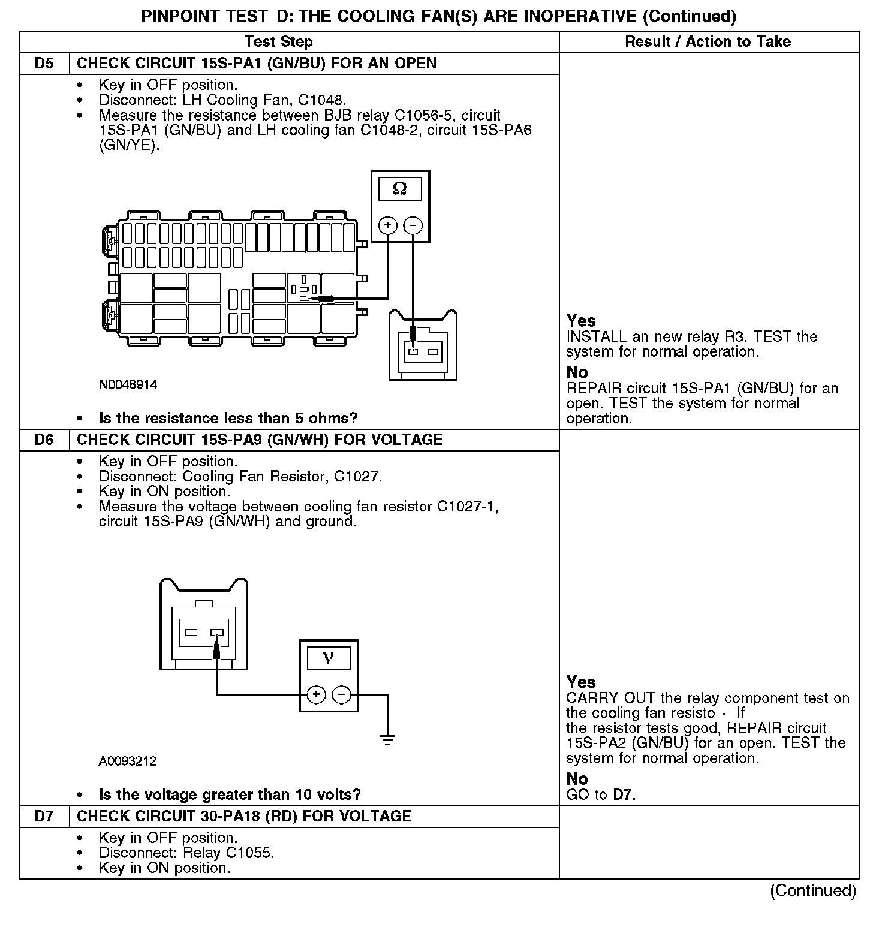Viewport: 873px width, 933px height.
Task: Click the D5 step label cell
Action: pyautogui.click(x=44, y=64)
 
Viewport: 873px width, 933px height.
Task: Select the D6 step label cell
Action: pyautogui.click(x=44, y=440)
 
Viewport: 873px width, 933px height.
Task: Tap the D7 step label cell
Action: pyautogui.click(x=44, y=817)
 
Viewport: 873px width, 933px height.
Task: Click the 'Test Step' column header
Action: pyautogui.click(x=279, y=42)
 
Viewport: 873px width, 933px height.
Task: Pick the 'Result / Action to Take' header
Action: pyautogui.click(x=708, y=42)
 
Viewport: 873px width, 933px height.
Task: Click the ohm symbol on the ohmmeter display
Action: pyautogui.click(x=399, y=189)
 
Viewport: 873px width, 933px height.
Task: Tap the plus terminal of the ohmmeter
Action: pyautogui.click(x=388, y=225)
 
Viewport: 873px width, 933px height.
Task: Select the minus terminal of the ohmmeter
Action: pyautogui.click(x=413, y=225)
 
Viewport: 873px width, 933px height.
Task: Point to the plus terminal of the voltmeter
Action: pyautogui.click(x=316, y=695)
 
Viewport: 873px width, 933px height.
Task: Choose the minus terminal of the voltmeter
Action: pyautogui.click(x=341, y=695)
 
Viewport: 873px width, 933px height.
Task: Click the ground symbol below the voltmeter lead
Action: pyautogui.click(x=388, y=739)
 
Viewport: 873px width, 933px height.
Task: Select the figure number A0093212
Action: pyautogui.click(x=128, y=762)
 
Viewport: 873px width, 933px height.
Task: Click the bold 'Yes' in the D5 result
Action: pyautogui.click(x=581, y=321)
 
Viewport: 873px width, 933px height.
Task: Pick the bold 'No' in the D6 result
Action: pyautogui.click(x=577, y=779)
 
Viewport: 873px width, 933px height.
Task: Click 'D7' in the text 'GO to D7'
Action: pyautogui.click(x=624, y=795)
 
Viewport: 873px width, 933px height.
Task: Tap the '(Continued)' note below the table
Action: pyautogui.click(x=812, y=891)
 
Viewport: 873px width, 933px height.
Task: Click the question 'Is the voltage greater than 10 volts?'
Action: pyautogui.click(x=230, y=795)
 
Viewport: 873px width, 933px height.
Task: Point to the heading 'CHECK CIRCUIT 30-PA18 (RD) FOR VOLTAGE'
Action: pyautogui.click(x=244, y=817)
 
